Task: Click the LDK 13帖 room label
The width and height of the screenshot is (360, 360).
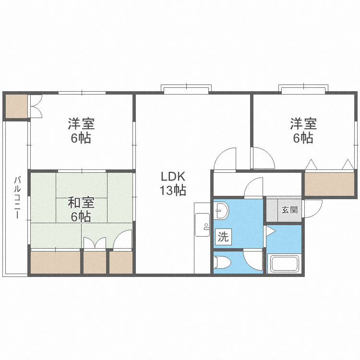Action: pyautogui.click(x=173, y=183)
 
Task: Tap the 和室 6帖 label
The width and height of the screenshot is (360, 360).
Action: pyautogui.click(x=81, y=209)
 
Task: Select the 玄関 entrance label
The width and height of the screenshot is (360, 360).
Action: pyautogui.click(x=290, y=210)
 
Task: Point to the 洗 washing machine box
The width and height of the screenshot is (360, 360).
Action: pyautogui.click(x=223, y=237)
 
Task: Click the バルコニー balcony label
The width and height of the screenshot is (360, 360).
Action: pyautogui.click(x=17, y=197)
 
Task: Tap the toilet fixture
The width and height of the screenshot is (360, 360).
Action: pyautogui.click(x=222, y=262)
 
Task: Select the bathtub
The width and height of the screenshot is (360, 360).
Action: pyautogui.click(x=285, y=263)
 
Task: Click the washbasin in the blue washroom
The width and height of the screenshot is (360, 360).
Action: pyautogui.click(x=221, y=211)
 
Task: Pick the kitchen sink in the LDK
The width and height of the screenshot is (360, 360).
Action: pyautogui.click(x=202, y=225)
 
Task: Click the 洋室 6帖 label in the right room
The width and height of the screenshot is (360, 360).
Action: pyautogui.click(x=303, y=131)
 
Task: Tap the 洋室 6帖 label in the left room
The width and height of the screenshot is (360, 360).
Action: pyautogui.click(x=81, y=131)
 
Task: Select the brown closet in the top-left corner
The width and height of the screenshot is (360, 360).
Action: pyautogui.click(x=16, y=106)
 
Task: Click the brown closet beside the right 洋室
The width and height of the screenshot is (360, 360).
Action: pyautogui.click(x=329, y=184)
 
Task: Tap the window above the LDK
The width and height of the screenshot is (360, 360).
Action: pyautogui.click(x=186, y=89)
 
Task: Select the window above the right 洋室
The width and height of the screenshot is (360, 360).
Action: pyautogui.click(x=303, y=89)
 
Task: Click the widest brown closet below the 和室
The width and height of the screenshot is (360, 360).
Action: pyautogui.click(x=55, y=262)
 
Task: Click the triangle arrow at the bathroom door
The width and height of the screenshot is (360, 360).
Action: pyautogui.click(x=270, y=231)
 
